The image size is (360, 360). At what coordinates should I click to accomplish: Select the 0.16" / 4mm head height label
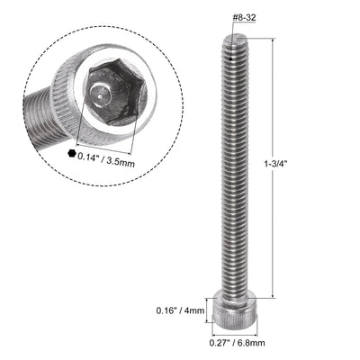(186, 310)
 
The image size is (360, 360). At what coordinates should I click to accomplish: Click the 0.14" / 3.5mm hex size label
(109, 155)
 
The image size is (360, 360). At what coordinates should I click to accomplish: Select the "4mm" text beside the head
(197, 310)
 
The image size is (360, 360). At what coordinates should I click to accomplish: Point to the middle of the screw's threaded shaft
(233, 171)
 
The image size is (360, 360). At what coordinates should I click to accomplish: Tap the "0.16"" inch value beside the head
(173, 310)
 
